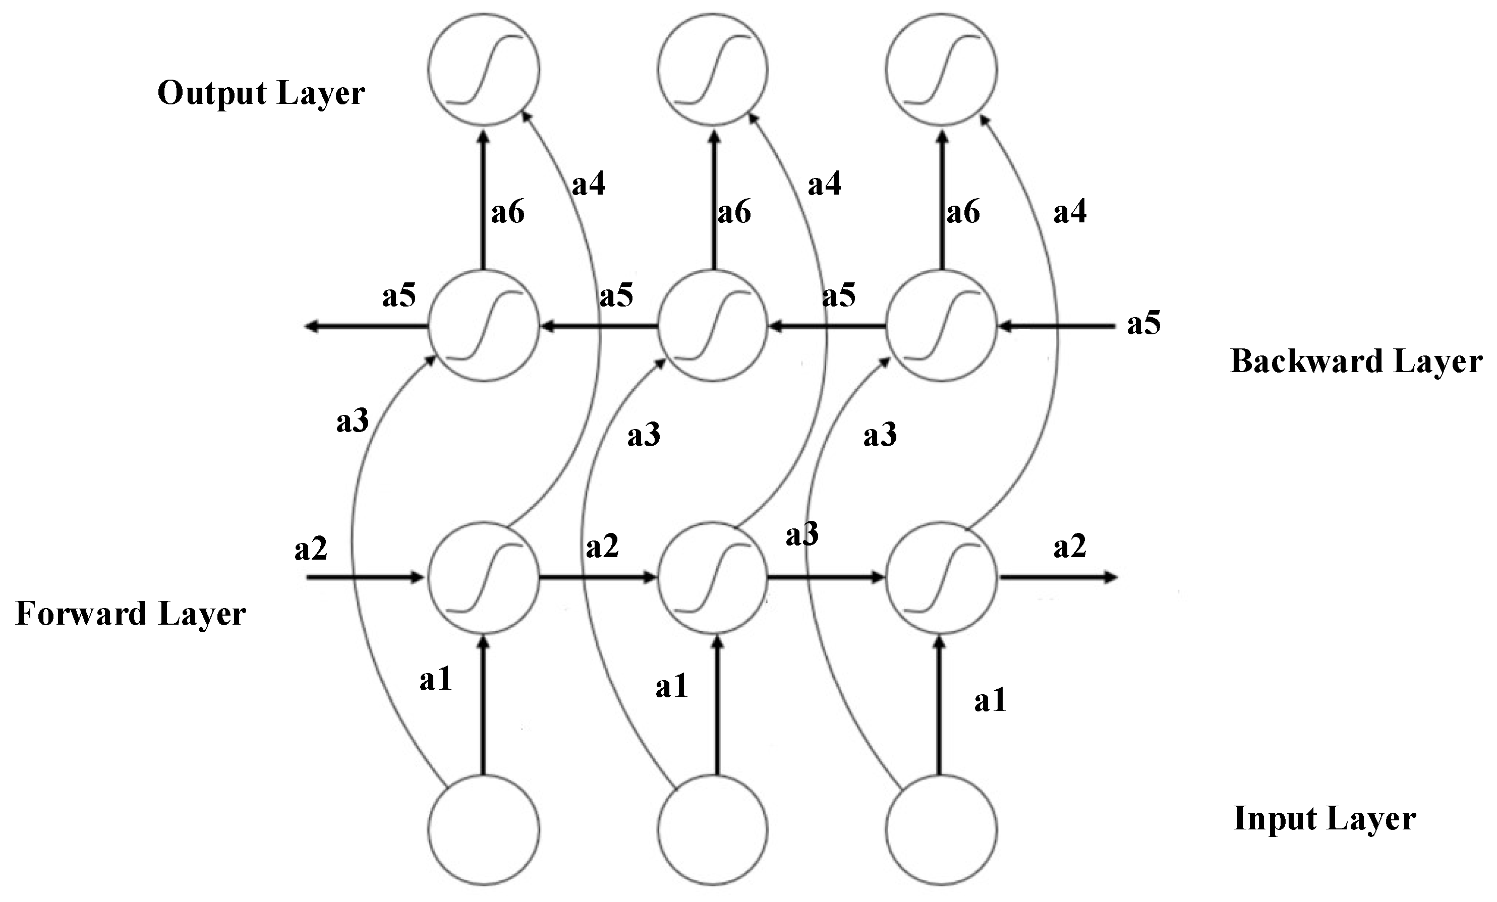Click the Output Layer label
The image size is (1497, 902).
261,94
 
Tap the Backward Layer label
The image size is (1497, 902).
1356,362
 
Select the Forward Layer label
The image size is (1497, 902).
131,614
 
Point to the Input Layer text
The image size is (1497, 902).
1325,819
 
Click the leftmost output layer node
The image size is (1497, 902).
484,69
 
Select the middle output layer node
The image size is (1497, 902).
713,69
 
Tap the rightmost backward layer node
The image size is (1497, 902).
941,326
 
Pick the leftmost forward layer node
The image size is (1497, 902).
484,577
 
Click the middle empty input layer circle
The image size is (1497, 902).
713,830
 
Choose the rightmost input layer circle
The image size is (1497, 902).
941,830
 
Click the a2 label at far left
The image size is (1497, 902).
311,549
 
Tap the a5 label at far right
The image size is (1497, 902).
1143,323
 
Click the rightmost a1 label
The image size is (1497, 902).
990,701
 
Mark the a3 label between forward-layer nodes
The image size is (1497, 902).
802,534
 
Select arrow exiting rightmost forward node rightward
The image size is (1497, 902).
1057,577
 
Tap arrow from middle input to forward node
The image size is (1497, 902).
717,704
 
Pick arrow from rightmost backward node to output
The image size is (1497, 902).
942,201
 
